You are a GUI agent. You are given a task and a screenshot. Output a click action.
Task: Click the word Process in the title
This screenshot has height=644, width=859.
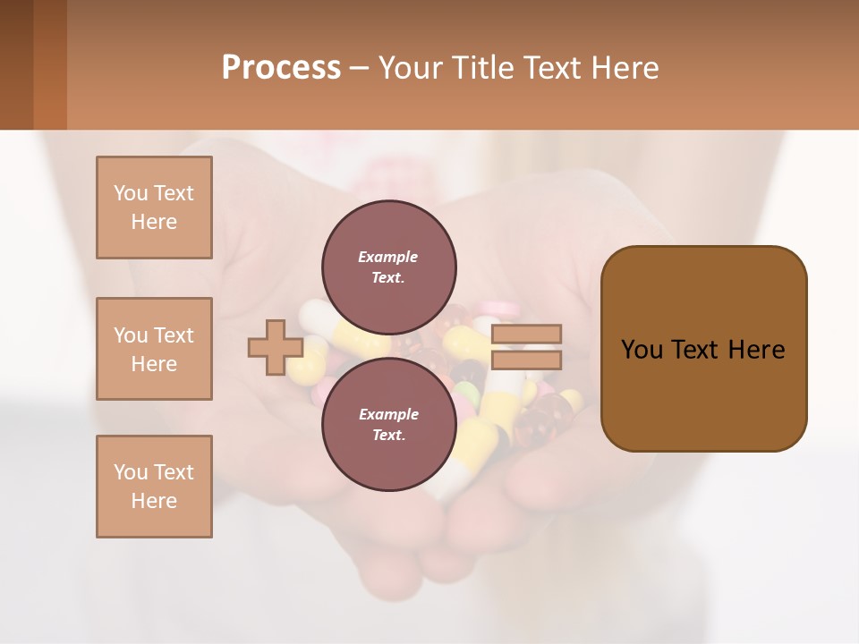pyautogui.click(x=281, y=68)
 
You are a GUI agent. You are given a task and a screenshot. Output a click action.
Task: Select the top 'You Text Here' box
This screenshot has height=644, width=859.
pyautogui.click(x=154, y=208)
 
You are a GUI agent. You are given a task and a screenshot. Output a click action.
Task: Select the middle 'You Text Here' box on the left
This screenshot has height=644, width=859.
pyautogui.click(x=154, y=349)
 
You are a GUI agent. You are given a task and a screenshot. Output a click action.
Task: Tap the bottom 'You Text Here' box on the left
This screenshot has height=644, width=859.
pyautogui.click(x=154, y=487)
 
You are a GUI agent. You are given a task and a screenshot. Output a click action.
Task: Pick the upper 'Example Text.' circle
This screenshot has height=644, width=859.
pyautogui.click(x=388, y=267)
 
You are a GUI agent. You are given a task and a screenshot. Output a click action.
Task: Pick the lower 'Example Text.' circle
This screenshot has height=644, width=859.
pyautogui.click(x=388, y=424)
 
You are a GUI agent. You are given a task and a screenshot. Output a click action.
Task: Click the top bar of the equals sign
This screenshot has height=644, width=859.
pyautogui.click(x=527, y=334)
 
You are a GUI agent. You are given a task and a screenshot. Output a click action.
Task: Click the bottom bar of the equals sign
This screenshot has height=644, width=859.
pyautogui.click(x=527, y=360)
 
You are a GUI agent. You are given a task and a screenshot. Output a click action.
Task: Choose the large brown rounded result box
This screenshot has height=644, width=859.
pyautogui.click(x=703, y=349)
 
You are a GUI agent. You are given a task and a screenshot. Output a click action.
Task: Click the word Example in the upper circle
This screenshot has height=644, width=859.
pyautogui.click(x=388, y=257)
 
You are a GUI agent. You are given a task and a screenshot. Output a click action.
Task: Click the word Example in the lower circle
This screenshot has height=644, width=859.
pyautogui.click(x=388, y=414)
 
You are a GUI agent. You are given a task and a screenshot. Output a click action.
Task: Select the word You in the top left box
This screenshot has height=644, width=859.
pyautogui.click(x=131, y=193)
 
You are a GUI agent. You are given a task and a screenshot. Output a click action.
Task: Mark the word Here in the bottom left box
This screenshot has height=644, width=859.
pyautogui.click(x=154, y=501)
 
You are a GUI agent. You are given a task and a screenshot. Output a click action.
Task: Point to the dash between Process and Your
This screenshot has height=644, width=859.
pyautogui.click(x=359, y=68)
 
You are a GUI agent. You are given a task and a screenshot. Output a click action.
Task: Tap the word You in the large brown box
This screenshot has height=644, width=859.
pyautogui.click(x=642, y=350)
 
